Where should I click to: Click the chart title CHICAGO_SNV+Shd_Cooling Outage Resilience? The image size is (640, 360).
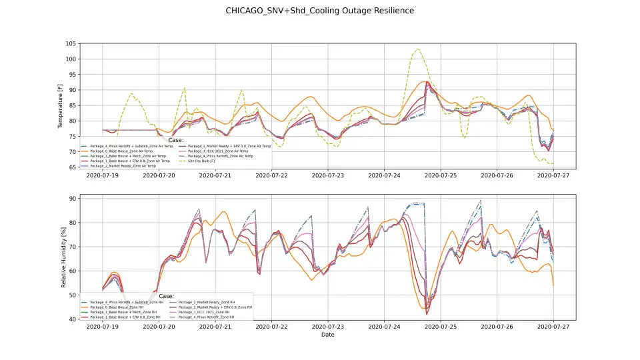click(x=319, y=11)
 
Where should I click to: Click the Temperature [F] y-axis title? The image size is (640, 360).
click(x=61, y=105)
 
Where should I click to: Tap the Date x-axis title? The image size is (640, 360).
click(x=327, y=335)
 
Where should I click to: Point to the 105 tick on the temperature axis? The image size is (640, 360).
click(x=70, y=43)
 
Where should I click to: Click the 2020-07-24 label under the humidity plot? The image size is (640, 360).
click(x=384, y=327)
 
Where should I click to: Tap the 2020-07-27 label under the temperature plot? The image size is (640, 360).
click(x=553, y=175)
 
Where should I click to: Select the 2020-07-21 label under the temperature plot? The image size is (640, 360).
click(x=215, y=175)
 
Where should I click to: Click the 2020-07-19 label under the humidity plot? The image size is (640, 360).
click(x=102, y=327)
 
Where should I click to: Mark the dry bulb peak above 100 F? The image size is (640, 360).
click(x=418, y=49)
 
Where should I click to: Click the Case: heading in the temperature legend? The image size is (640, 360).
click(x=175, y=140)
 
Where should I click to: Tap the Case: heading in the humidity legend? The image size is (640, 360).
click(x=166, y=296)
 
